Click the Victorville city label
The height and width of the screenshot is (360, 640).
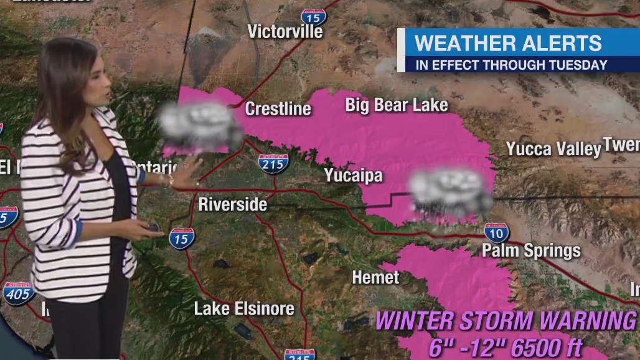pyautogui.click(x=286, y=31)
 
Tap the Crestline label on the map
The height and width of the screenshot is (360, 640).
pyautogui.click(x=278, y=109)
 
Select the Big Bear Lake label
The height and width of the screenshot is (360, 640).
pyautogui.click(x=397, y=105)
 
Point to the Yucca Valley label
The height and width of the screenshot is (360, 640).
pyautogui.click(x=553, y=149)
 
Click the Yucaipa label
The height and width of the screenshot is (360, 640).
pyautogui.click(x=353, y=176)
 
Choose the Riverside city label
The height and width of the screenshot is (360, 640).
pyautogui.click(x=233, y=204)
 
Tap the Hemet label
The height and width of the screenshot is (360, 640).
pyautogui.click(x=375, y=277)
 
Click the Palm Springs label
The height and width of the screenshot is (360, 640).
pyautogui.click(x=531, y=250)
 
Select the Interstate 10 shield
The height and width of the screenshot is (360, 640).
pyautogui.click(x=497, y=233)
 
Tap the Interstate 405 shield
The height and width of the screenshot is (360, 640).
pyautogui.click(x=18, y=293)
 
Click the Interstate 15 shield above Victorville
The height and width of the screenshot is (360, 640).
pyautogui.click(x=313, y=17)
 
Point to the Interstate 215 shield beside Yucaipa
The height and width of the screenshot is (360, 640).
pyautogui.click(x=273, y=163)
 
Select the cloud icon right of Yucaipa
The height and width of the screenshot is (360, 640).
pyautogui.click(x=450, y=192)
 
